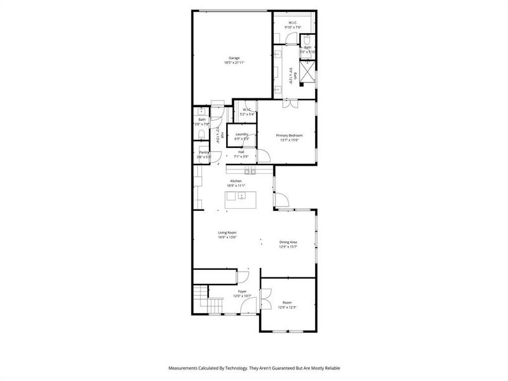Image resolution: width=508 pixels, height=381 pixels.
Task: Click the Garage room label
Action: (234, 58)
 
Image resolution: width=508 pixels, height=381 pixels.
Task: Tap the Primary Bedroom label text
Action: (289, 135)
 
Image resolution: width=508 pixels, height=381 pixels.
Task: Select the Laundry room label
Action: (241, 134)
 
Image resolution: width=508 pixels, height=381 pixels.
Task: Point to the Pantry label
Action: (204, 152)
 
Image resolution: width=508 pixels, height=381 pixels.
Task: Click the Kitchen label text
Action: (236, 182)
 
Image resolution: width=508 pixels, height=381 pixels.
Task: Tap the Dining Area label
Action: (288, 242)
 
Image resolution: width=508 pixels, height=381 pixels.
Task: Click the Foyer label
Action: (243, 291)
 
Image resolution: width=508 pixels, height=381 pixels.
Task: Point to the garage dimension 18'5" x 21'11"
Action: (234, 63)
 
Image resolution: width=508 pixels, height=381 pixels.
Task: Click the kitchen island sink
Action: (241, 196)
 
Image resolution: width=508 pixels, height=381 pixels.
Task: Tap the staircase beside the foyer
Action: (200, 300)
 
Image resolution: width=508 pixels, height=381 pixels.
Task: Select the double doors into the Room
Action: (266, 299)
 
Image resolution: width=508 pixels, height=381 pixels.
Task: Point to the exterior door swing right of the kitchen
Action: (281, 203)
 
